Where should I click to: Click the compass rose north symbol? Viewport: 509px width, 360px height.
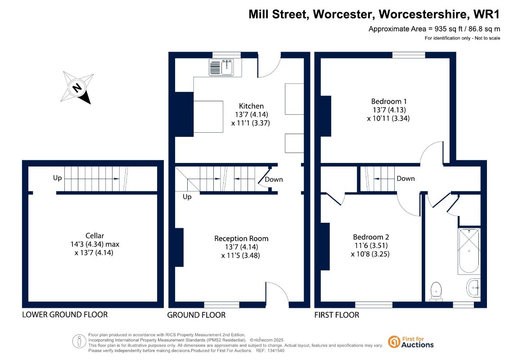pos(77,87)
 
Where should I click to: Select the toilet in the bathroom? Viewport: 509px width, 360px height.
pos(436,291)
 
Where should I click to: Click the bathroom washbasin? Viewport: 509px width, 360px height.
pos(473,288)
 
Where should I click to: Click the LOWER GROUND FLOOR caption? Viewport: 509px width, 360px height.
pos(65,315)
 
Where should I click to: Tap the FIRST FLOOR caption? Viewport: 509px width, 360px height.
pos(337,315)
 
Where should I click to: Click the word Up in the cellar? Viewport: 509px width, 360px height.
pos(58,178)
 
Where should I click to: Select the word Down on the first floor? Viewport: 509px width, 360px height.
pos(406,178)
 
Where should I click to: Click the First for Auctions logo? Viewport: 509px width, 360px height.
pos(411,342)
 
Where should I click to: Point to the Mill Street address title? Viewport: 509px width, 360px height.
pos(374,14)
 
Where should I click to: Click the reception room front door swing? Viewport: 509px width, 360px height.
pos(277,294)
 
